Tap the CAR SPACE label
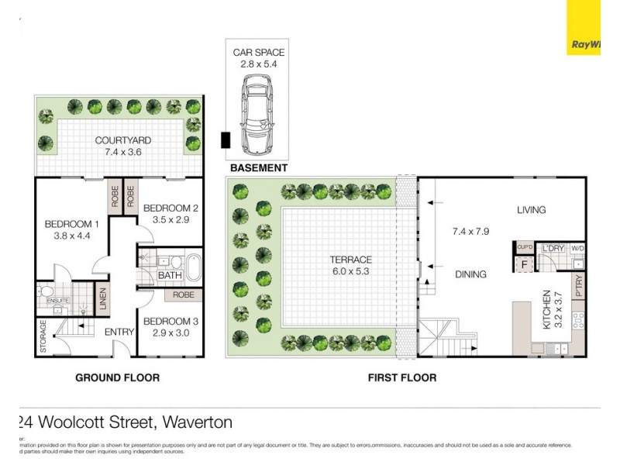(x=259, y=53)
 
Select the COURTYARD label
(x=123, y=140)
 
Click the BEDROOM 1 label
(x=70, y=225)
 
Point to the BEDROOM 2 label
(x=171, y=208)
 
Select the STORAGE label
(x=43, y=336)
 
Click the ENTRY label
(x=120, y=332)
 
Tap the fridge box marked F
(x=524, y=263)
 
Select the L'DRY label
(x=553, y=247)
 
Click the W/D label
(x=577, y=248)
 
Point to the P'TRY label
(x=577, y=288)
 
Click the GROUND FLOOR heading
(x=117, y=377)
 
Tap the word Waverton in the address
(x=195, y=422)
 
